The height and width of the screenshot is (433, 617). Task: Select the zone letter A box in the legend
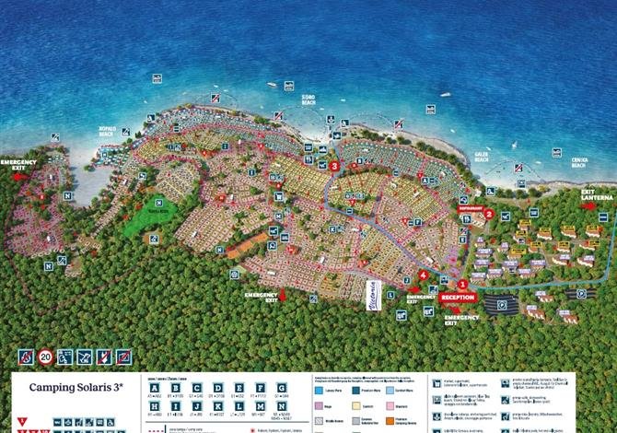[153, 387]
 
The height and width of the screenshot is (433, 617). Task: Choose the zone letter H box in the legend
[153, 407]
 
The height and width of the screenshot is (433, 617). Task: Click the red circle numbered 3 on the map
[334, 166]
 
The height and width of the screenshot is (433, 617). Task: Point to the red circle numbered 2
[490, 214]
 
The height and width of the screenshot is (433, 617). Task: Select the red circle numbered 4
[423, 275]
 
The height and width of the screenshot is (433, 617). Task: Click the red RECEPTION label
[457, 298]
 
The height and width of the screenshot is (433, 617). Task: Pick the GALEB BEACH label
[482, 158]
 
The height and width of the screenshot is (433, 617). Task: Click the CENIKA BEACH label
[579, 159]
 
